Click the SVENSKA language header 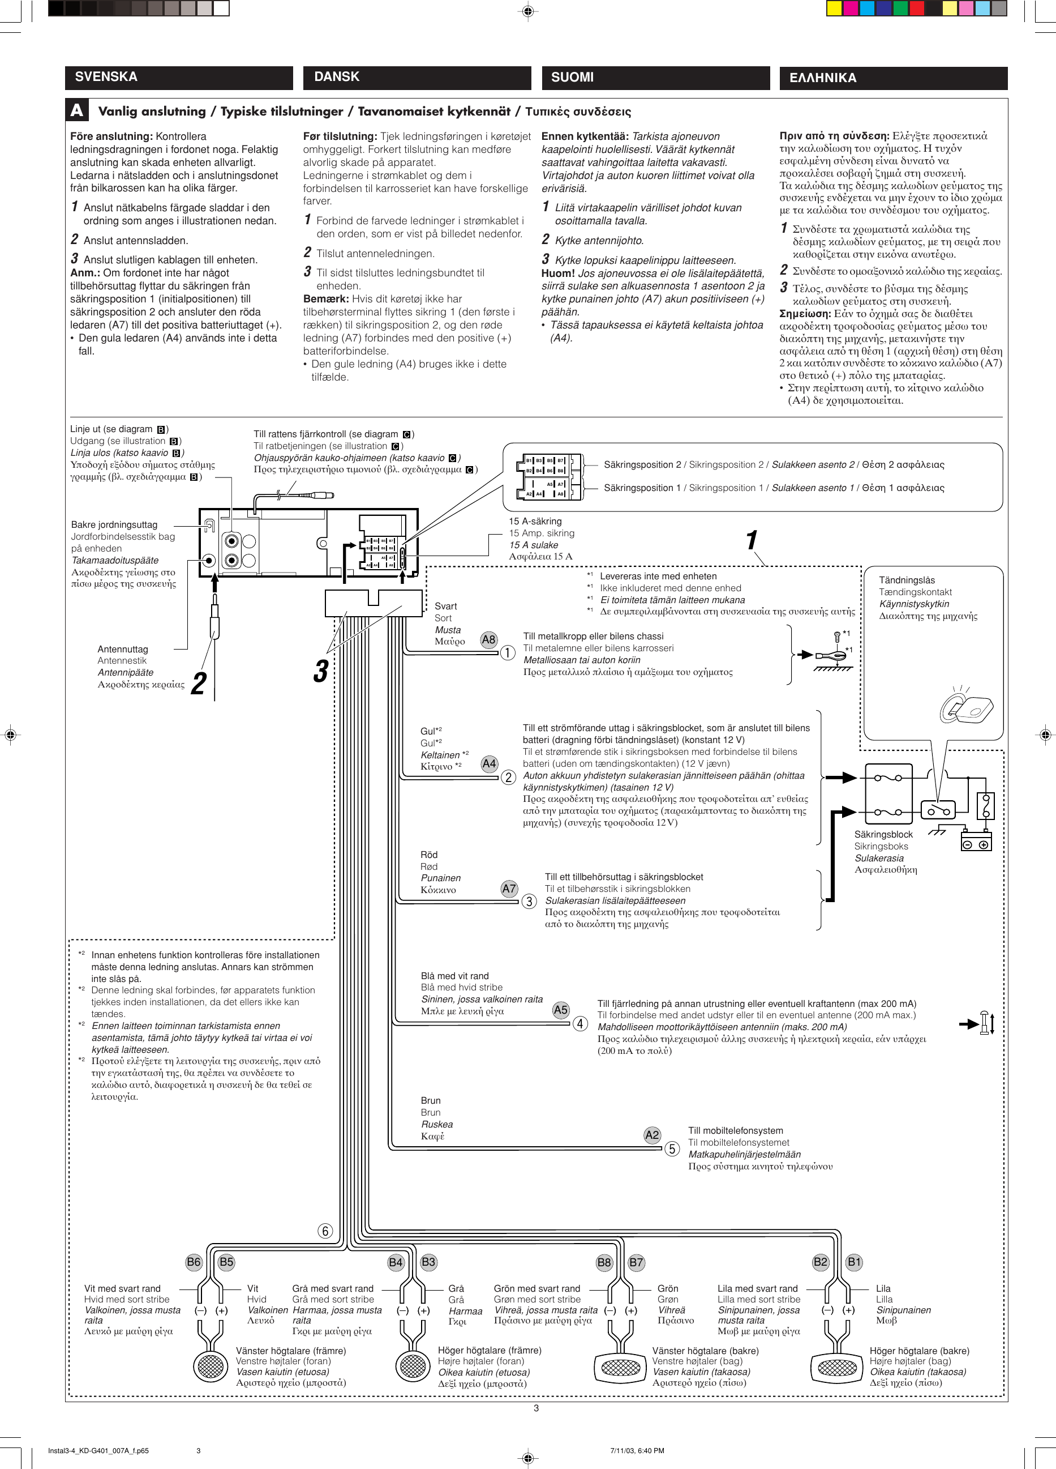coord(106,77)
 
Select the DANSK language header coord(337,77)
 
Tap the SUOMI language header coord(572,78)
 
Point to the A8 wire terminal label coord(489,640)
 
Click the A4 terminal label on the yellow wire coord(489,763)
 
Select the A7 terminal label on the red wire coord(509,889)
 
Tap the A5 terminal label coord(561,1010)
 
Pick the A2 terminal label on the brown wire coord(652,1135)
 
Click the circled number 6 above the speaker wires coord(325,1231)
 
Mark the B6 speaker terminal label coord(194,1262)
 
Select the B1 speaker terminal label coord(855,1262)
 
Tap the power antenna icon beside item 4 coord(985,1023)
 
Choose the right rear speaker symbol coord(837,1368)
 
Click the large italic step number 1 coord(751,540)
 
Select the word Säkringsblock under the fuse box coord(883,834)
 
